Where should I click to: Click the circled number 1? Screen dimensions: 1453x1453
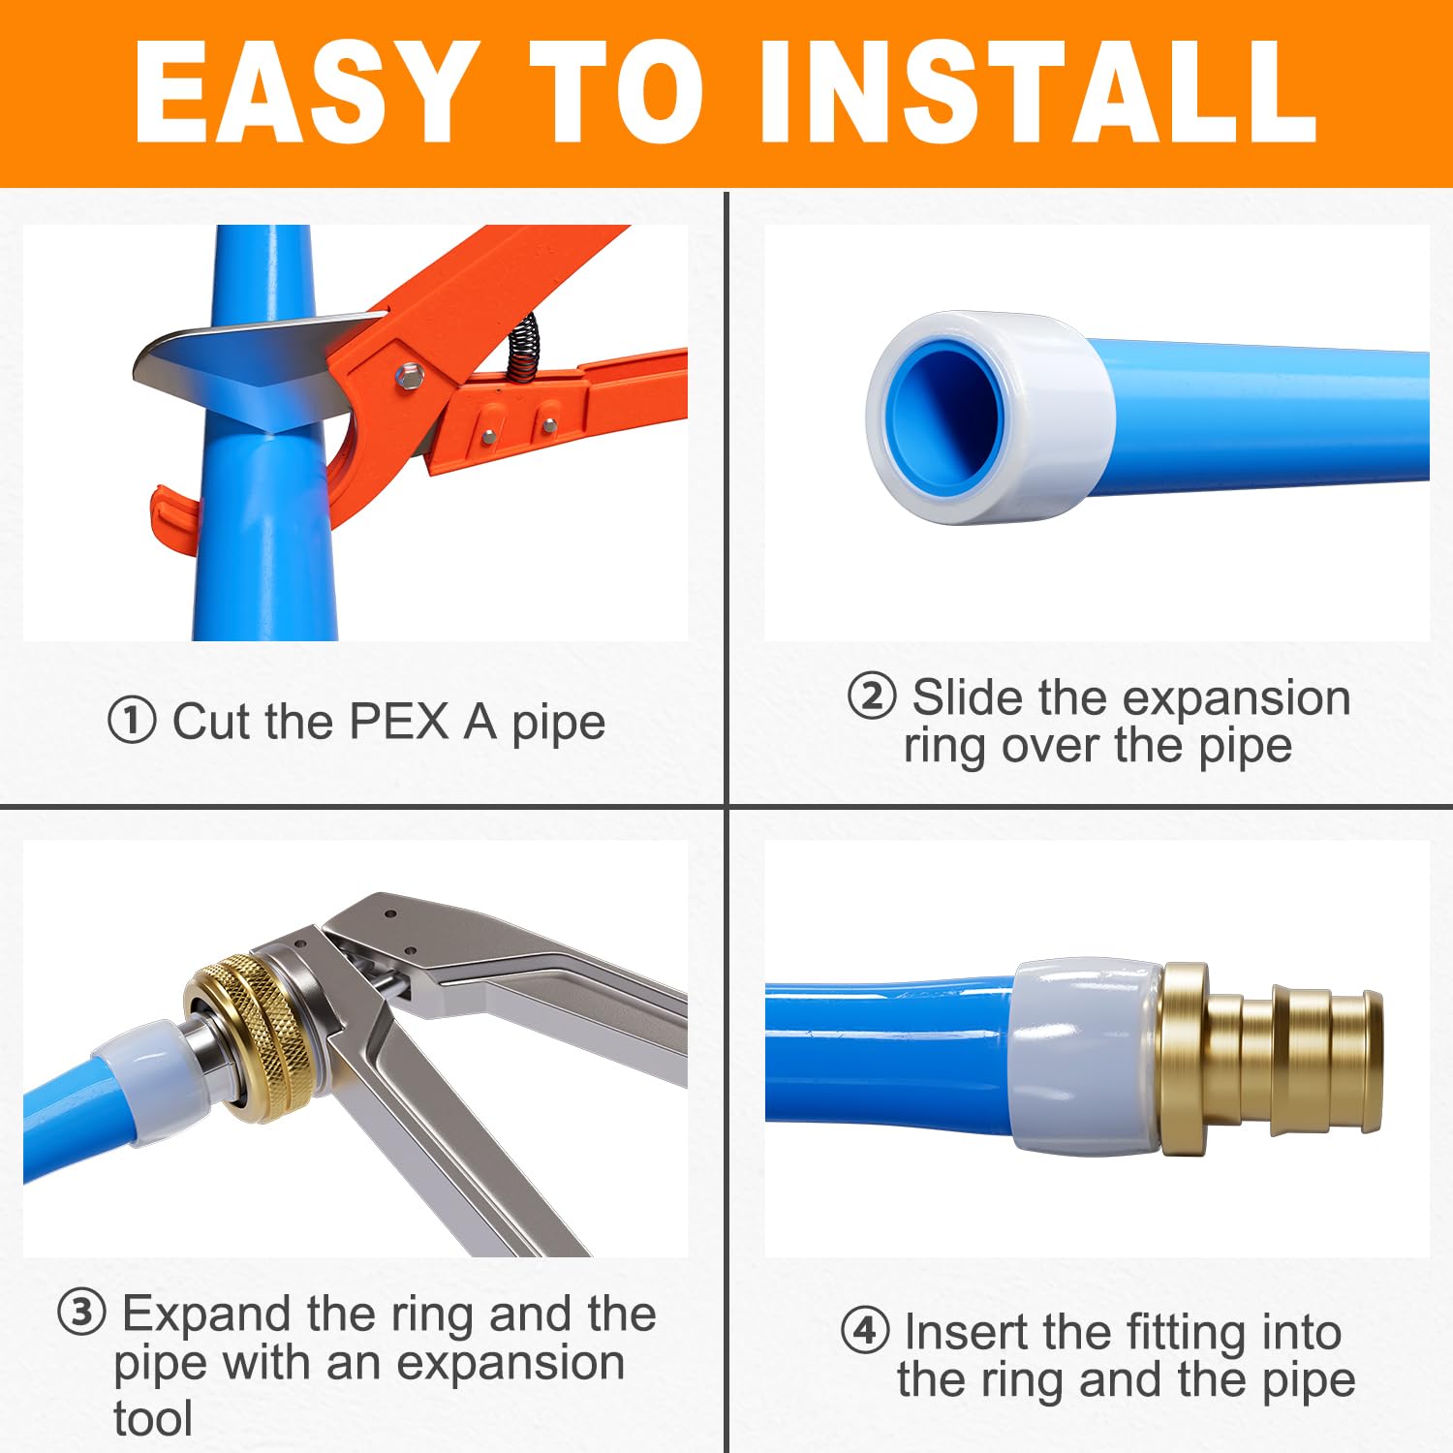tap(132, 722)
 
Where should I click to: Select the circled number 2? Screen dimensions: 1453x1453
tap(871, 697)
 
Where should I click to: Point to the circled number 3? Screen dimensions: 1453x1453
tap(81, 1314)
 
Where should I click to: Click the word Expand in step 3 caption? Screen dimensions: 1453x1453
tap(206, 1314)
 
